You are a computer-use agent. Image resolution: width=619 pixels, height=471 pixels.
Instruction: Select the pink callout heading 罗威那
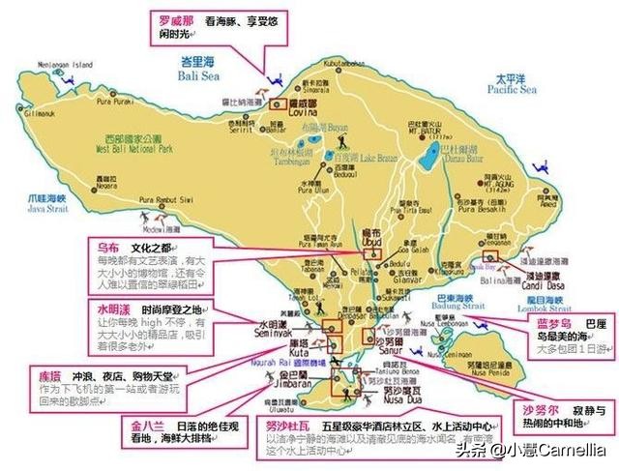coord(177,18)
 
